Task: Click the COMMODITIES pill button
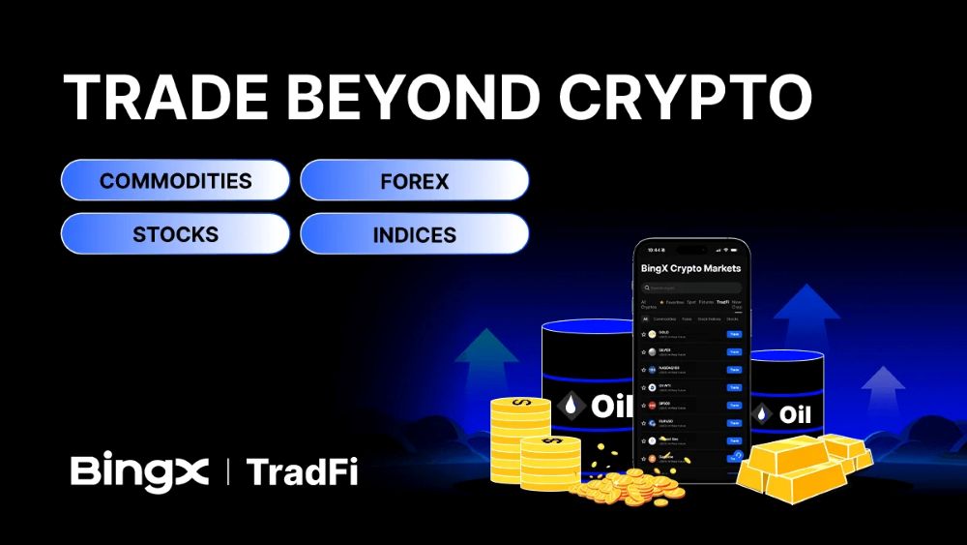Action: click(175, 180)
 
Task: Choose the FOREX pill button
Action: click(414, 180)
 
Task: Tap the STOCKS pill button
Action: click(175, 233)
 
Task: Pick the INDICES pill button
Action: click(414, 233)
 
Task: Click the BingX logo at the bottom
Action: click(139, 471)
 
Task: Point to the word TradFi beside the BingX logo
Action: click(302, 471)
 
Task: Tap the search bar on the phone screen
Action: click(690, 288)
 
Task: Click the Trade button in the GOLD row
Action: click(734, 334)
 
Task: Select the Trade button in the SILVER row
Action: click(734, 351)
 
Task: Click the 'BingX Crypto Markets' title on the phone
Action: click(690, 268)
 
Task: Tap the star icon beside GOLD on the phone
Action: click(642, 334)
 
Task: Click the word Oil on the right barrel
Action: click(795, 414)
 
